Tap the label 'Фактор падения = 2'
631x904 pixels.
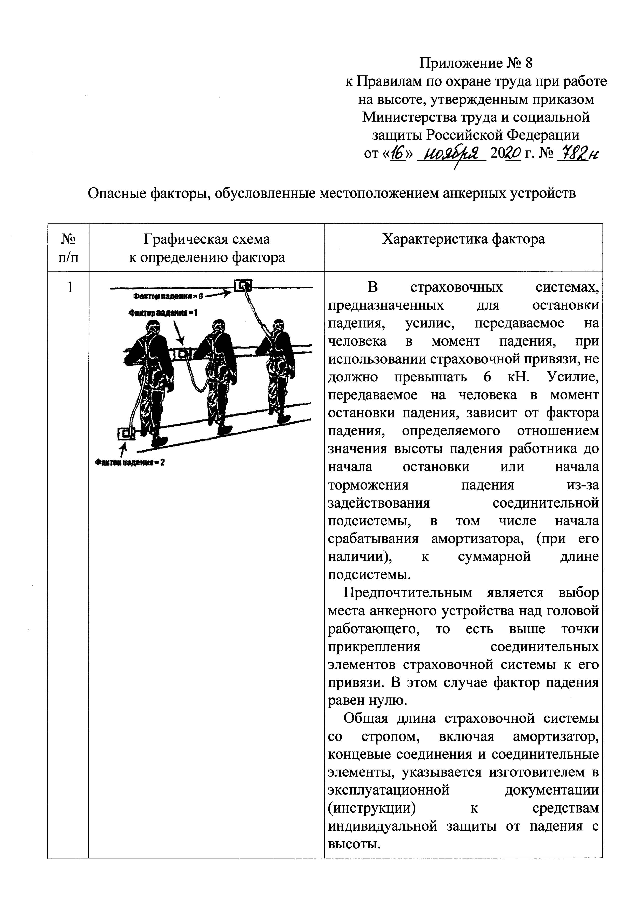[130, 463]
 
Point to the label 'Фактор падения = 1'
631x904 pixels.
[163, 313]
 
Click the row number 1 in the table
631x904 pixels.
[70, 288]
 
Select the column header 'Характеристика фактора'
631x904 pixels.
[463, 239]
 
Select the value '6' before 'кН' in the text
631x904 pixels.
[487, 377]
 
